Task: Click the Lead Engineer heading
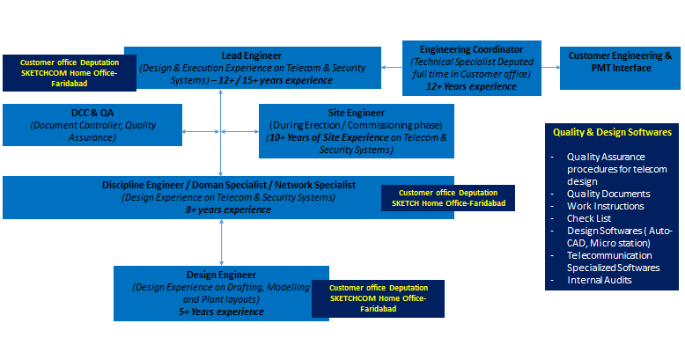coord(252,55)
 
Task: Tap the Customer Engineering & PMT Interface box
coord(619,62)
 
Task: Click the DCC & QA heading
coord(92,113)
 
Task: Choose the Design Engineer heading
coord(221,275)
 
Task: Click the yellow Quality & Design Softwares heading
coord(612,132)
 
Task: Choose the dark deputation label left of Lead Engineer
coord(69,73)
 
